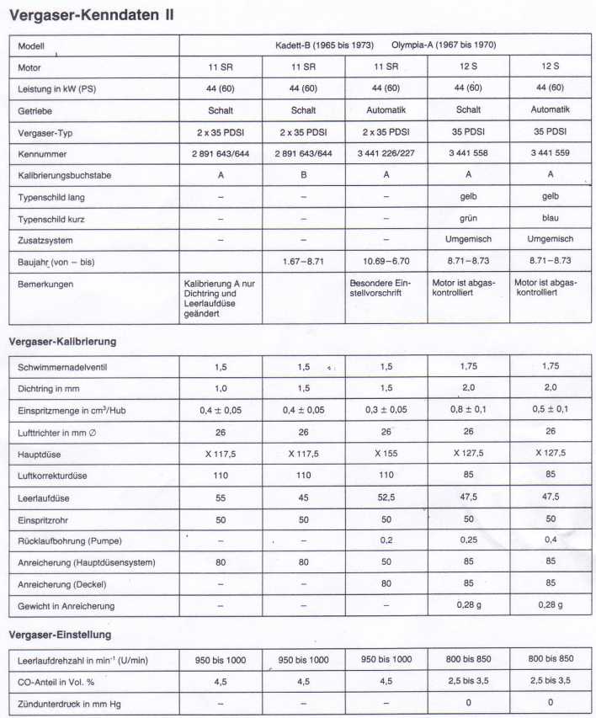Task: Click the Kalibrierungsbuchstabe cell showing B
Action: (303, 174)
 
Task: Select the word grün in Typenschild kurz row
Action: (468, 218)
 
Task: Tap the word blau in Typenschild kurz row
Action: (550, 218)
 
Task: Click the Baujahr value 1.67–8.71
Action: (303, 262)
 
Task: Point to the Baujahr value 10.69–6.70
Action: (386, 262)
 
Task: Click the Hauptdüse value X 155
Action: (386, 452)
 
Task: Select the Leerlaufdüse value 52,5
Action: (386, 497)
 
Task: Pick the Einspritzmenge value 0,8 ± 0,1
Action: (468, 409)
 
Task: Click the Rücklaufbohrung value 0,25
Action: (468, 540)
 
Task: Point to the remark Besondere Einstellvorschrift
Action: (385, 289)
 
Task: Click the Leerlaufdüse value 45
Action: (303, 497)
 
